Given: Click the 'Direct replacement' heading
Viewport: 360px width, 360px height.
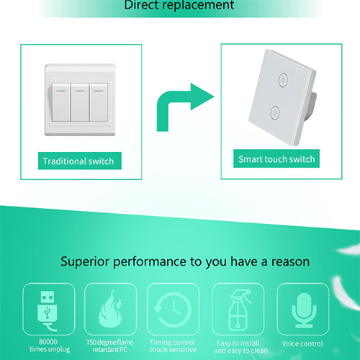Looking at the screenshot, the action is coord(179,5).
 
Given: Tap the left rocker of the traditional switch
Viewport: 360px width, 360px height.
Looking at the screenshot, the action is coord(61,102).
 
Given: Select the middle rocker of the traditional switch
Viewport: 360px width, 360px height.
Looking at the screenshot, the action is coord(80,102).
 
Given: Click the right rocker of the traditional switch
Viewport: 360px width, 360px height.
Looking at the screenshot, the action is coord(99,102).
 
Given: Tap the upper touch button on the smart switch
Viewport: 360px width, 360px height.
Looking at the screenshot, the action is coord(283,80).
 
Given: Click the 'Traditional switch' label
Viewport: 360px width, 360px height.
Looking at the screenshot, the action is coord(80,161).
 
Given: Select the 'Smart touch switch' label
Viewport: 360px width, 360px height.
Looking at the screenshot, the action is coord(276,158).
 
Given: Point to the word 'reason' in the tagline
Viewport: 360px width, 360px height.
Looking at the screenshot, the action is coord(290,261).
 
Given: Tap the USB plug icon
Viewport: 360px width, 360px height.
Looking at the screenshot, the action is coord(48,310).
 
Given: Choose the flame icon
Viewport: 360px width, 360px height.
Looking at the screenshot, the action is coord(111,309).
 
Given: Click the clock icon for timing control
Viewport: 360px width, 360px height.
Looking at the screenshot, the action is coord(173,310).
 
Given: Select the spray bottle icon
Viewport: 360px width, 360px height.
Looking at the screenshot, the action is coord(238,310).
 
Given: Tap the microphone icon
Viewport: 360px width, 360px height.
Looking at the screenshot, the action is coord(304,310).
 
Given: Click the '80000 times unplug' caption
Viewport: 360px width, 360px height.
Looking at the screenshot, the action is coord(50,346).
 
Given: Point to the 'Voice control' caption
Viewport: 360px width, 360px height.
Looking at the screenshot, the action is coord(302,343).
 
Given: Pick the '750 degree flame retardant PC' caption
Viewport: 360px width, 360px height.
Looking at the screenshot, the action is coord(110,346).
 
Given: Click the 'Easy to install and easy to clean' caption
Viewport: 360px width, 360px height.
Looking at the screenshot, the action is coord(240,347).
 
